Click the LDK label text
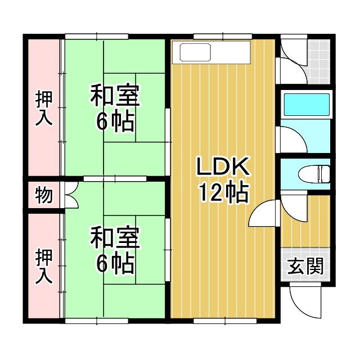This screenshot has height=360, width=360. pos(222,168)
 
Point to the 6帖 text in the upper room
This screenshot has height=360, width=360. pos(115,121)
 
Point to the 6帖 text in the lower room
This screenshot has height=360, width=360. pos(115,262)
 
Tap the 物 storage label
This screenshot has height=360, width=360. pos(44,195)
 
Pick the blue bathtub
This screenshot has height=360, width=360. pos(306,105)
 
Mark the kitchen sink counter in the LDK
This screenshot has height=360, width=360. pos(212,53)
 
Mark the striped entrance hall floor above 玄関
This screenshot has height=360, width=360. pos(305,222)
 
